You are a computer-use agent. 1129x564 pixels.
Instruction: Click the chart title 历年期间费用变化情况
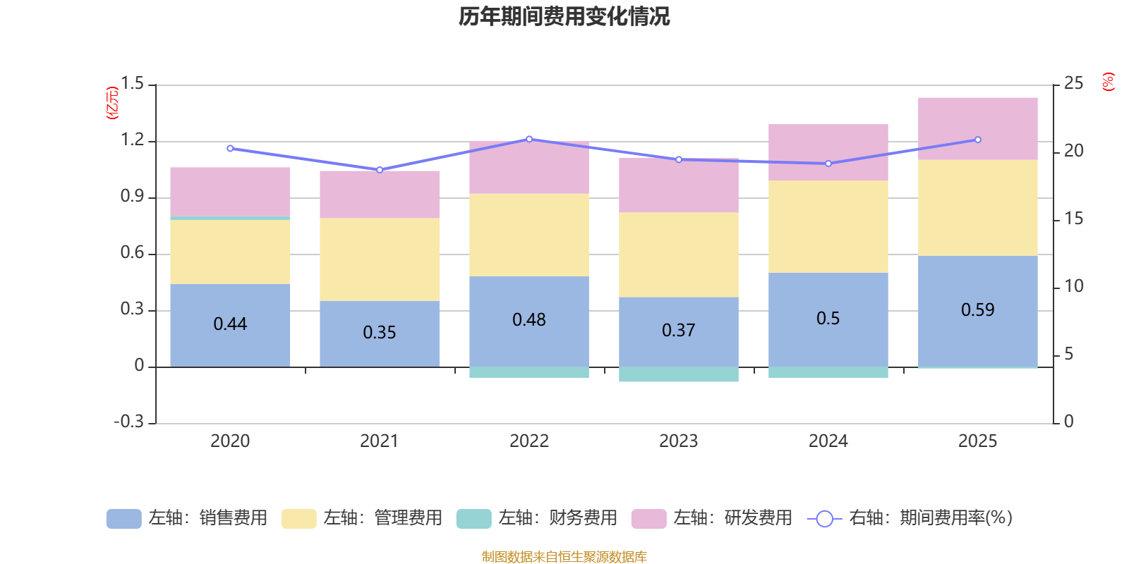564,16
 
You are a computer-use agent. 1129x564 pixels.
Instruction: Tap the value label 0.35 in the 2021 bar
380,332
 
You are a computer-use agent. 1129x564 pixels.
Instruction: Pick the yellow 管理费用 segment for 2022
529,235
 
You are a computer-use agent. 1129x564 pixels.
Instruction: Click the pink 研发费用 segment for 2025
977,129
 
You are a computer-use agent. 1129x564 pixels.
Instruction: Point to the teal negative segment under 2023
679,374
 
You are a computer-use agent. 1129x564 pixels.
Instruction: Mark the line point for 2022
529,139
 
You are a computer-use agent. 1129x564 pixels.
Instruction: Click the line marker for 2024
828,164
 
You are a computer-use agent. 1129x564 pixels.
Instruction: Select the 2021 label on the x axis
380,441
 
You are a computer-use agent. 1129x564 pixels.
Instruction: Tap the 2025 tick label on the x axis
977,441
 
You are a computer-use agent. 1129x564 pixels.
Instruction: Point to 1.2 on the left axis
132,140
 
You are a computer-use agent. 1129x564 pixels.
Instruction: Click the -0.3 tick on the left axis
129,422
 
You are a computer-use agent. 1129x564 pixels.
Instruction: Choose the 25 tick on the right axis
1073,83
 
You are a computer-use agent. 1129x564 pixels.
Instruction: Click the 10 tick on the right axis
1073,286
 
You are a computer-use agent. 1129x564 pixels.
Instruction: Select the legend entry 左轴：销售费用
187,518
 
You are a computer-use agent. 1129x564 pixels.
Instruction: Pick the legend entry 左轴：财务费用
537,518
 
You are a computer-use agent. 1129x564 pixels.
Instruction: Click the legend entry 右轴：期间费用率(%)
910,518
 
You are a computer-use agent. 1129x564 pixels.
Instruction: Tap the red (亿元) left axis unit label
112,103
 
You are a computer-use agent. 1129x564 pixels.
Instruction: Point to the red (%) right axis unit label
1109,82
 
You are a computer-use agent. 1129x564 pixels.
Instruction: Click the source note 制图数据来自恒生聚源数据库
564,557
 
